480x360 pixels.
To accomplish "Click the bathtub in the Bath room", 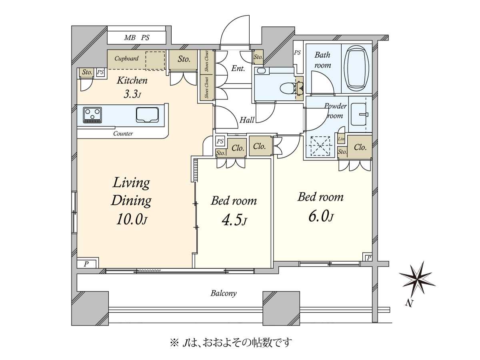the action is tap(356, 68).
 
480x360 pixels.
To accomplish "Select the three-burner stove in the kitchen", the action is tap(92, 115).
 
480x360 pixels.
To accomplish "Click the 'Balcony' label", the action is tap(224, 293).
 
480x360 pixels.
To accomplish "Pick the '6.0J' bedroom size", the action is tap(321, 216).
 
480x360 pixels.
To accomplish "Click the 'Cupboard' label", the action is tap(126, 58).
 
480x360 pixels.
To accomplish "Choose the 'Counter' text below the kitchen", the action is tap(123, 134).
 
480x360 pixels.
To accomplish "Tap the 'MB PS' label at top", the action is tap(137, 38).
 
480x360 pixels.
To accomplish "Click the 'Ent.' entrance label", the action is tap(238, 68).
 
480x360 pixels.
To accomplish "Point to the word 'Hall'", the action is tap(247, 120).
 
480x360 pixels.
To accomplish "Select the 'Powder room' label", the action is tap(335, 111).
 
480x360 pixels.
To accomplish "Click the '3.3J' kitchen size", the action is tap(132, 94).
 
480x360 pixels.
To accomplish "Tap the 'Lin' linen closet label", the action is tap(341, 138).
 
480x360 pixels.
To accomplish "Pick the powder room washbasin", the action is tap(359, 114).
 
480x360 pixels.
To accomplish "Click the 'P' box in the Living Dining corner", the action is tap(86, 264).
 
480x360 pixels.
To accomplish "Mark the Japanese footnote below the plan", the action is tap(231, 342).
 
